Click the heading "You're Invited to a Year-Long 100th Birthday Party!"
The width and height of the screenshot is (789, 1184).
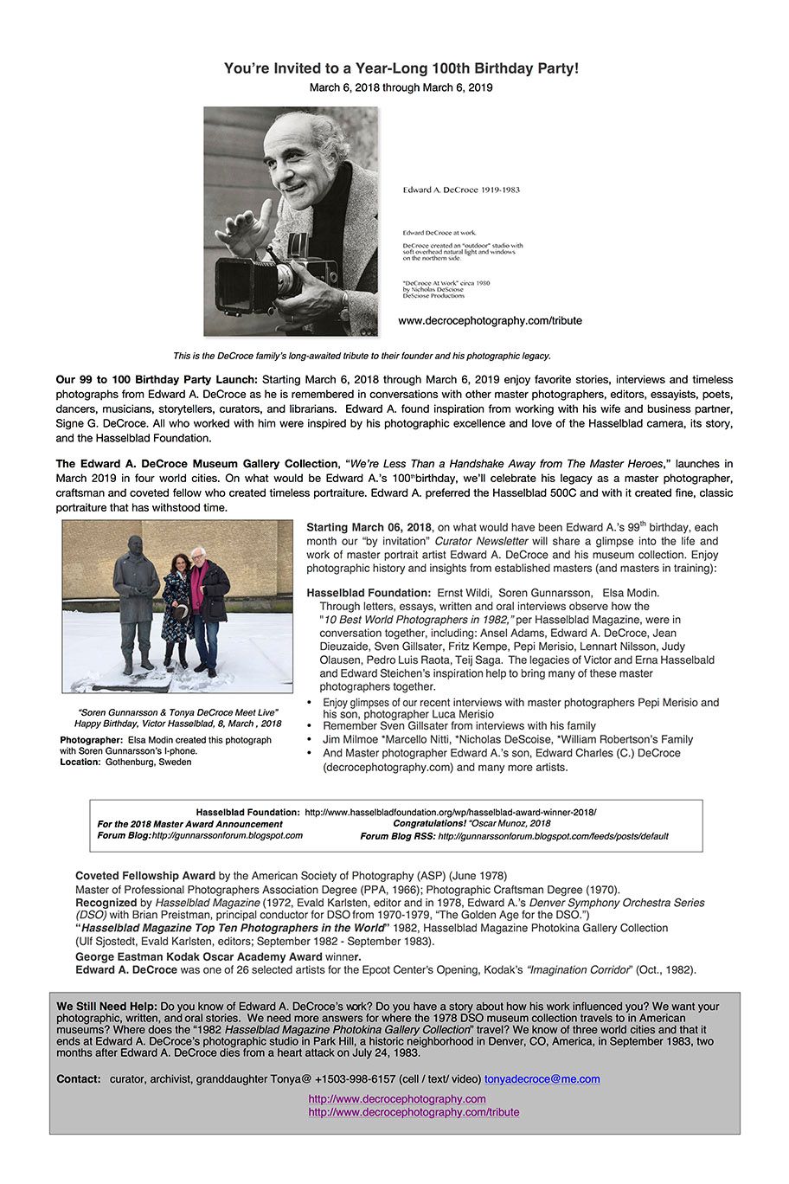[401, 68]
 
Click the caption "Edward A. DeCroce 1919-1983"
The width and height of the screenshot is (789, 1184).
[461, 190]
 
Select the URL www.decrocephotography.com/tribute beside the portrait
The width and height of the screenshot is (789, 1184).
[490, 320]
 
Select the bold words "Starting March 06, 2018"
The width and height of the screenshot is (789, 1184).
[369, 527]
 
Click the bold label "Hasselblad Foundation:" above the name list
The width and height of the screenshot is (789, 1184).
[368, 593]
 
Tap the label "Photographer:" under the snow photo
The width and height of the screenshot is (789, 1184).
[92, 740]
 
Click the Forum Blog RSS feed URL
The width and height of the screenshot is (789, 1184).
[553, 837]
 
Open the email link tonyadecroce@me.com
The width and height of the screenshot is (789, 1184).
[542, 1079]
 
